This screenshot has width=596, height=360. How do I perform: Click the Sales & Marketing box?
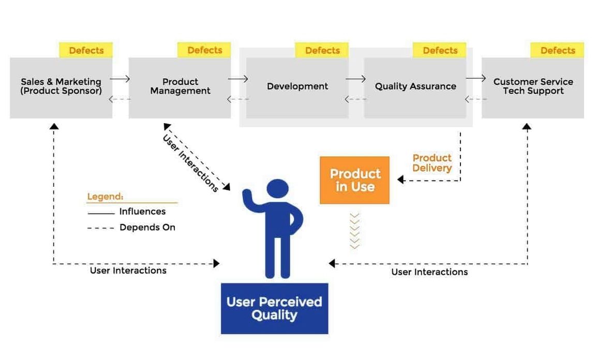click(61, 87)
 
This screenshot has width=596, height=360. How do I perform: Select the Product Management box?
click(180, 87)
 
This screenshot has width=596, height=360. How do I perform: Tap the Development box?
click(297, 87)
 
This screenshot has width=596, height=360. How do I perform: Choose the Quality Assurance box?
click(415, 87)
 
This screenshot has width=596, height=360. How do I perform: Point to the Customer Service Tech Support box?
click(533, 87)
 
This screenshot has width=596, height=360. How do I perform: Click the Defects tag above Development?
click(322, 50)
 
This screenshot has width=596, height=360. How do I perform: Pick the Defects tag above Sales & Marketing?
click(86, 50)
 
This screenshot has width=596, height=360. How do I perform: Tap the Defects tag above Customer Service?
click(558, 50)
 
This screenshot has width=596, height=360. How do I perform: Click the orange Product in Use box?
click(354, 180)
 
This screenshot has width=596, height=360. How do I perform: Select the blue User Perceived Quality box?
click(274, 308)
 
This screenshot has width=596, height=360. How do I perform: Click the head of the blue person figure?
click(278, 190)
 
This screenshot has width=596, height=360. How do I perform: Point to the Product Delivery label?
click(432, 163)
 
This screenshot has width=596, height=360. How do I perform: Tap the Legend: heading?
click(105, 197)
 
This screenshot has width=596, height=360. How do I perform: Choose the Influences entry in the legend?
click(142, 212)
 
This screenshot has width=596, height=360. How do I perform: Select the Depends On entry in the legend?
click(147, 228)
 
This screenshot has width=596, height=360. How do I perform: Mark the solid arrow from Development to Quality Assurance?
click(356, 79)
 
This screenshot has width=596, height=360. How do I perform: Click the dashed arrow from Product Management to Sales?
click(120, 100)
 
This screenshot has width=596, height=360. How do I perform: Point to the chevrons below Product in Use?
click(354, 231)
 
